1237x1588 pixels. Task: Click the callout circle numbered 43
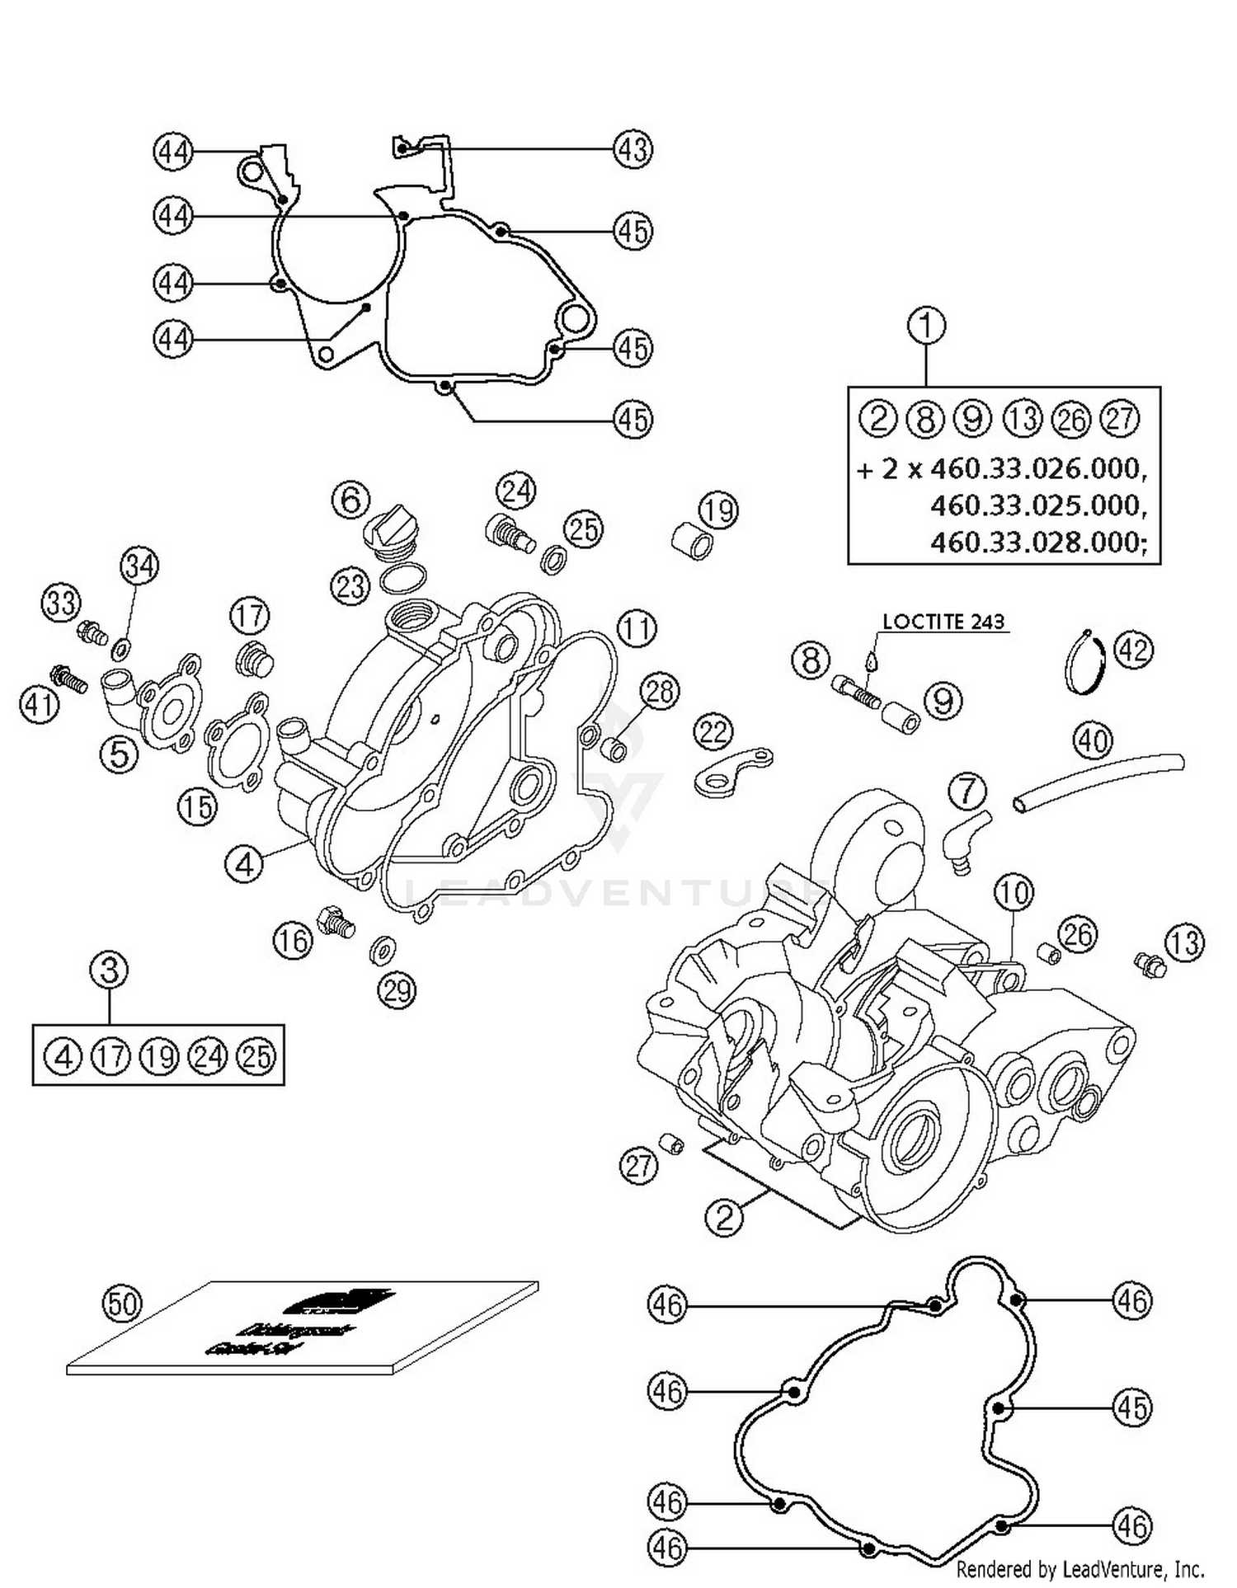click(x=633, y=149)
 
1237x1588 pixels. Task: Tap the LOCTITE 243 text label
click(x=943, y=622)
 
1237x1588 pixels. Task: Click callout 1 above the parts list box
click(x=926, y=325)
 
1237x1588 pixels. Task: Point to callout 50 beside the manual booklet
click(x=121, y=1304)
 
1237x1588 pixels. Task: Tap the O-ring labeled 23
click(x=403, y=579)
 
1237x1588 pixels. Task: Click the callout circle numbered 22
click(x=713, y=731)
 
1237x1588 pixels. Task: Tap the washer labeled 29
click(x=382, y=951)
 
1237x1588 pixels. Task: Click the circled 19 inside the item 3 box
click(x=159, y=1056)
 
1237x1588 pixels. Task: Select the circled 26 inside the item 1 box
click(x=1071, y=420)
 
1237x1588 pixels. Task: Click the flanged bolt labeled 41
click(x=68, y=679)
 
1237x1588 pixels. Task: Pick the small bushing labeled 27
click(x=672, y=1144)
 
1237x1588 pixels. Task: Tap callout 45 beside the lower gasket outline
click(x=1131, y=1407)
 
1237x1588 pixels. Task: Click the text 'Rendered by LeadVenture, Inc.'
click(x=1080, y=1568)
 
